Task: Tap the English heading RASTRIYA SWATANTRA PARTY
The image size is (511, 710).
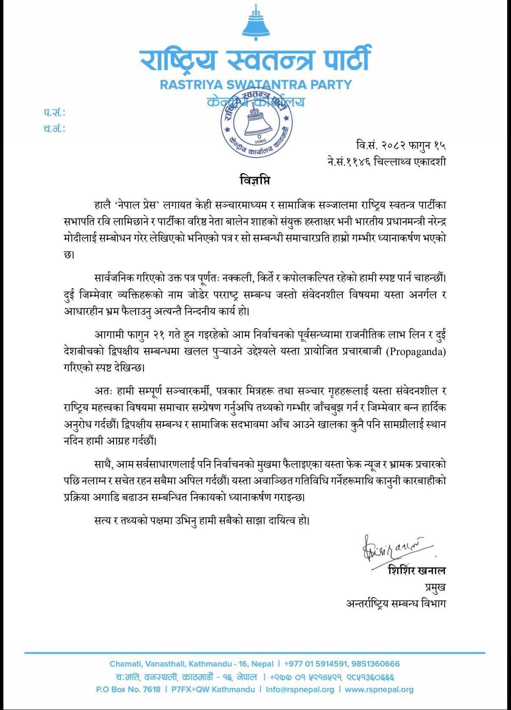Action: coord(255,85)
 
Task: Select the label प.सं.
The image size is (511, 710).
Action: coord(54,113)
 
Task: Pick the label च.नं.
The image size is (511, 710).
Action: coord(54,129)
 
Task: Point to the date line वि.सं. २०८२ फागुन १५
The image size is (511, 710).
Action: coord(400,146)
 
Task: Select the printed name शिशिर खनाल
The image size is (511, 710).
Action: coord(417,571)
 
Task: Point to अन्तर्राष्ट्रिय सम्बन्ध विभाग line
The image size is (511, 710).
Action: coord(396,603)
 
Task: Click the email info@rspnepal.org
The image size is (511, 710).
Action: coord(300,689)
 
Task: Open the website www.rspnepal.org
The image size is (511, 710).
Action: coord(379,689)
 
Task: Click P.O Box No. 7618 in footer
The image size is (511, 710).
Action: coord(128,689)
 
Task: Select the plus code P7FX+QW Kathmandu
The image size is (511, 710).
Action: coord(213,689)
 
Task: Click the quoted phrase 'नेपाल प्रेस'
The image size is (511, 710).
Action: coord(138,205)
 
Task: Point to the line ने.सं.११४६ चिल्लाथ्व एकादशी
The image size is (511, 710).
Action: coord(386,162)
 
